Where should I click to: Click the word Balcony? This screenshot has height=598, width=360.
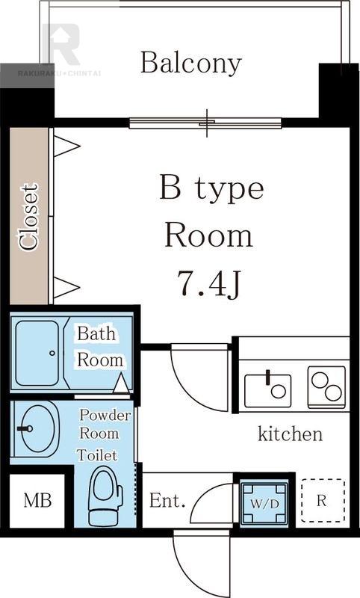pyautogui.click(x=191, y=64)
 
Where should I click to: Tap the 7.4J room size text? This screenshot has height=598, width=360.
pyautogui.click(x=209, y=284)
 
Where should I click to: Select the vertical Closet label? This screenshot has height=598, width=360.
pyautogui.click(x=29, y=217)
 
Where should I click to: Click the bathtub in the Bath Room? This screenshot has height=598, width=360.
pyautogui.click(x=37, y=353)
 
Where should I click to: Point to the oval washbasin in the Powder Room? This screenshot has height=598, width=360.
pyautogui.click(x=38, y=428)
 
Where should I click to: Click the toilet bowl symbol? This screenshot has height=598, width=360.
pyautogui.click(x=105, y=496)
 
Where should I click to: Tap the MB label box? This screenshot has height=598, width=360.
pyautogui.click(x=37, y=500)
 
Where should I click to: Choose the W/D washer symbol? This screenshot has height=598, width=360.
pyautogui.click(x=264, y=503)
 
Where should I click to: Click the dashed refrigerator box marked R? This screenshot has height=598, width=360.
pyautogui.click(x=323, y=500)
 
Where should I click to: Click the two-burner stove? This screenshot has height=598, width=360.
pyautogui.click(x=326, y=386)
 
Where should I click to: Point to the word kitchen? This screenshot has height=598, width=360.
pyautogui.click(x=290, y=434)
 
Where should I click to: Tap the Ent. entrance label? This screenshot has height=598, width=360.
pyautogui.click(x=167, y=501)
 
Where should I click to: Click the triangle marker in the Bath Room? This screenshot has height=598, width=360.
pyautogui.click(x=121, y=383)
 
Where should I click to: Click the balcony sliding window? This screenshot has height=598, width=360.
pyautogui.click(x=205, y=123)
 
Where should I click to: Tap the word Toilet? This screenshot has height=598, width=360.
pyautogui.click(x=97, y=455)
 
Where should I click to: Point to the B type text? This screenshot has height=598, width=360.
pyautogui.click(x=211, y=188)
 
